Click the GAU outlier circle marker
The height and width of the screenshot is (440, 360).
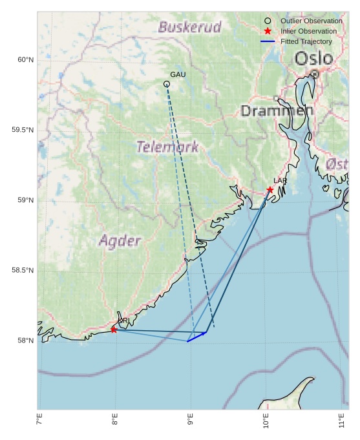(167, 84)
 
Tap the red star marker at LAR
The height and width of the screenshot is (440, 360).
(270, 189)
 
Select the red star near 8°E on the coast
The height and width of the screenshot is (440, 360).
(114, 330)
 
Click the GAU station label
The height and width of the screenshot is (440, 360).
(178, 75)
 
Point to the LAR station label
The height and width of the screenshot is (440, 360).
(280, 181)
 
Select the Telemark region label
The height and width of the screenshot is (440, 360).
(167, 147)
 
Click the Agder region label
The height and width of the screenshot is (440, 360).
(120, 241)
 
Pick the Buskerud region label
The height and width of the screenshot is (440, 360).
(189, 27)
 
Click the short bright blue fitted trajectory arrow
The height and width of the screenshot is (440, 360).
(196, 337)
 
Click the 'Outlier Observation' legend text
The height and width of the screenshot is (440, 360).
(311, 21)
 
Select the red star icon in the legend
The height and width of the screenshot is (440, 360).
(268, 31)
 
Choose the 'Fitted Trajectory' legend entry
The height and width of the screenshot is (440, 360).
(306, 41)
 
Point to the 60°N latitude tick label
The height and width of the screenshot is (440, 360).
(25, 60)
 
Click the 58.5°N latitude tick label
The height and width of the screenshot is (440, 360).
(23, 270)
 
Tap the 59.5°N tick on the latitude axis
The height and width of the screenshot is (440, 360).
(23, 130)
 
